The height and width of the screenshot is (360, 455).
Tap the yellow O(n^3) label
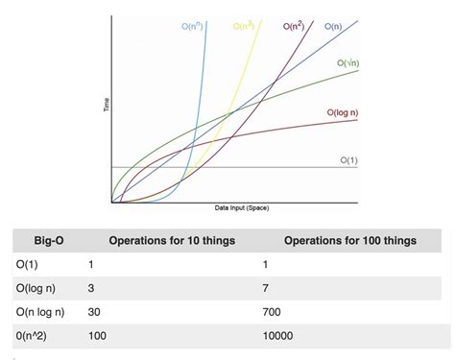pos(243,26)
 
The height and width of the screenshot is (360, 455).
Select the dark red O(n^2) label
pos(295,26)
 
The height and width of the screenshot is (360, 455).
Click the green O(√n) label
pos(348,62)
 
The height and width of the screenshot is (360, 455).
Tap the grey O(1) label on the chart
pos(347,160)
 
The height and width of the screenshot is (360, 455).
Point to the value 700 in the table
pos(273,312)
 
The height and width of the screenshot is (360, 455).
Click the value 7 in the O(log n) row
pos(266,288)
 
